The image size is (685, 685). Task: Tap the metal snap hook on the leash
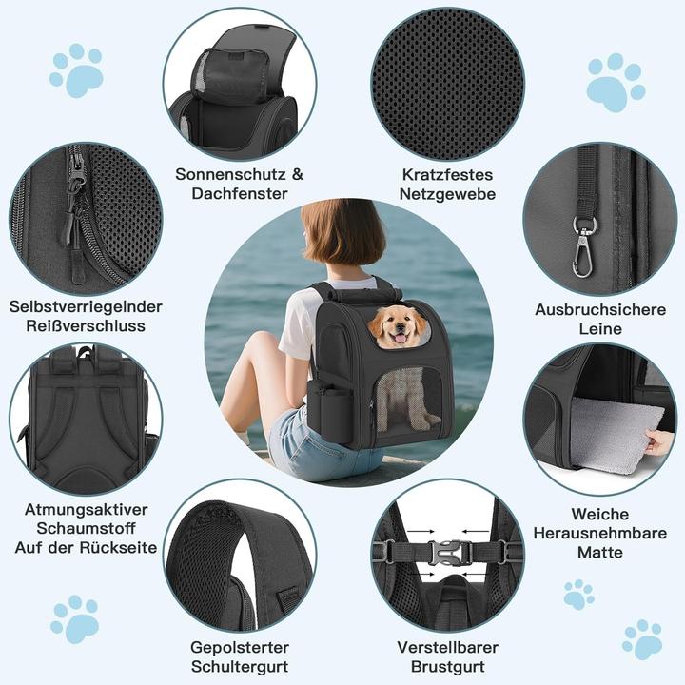(x=582, y=248)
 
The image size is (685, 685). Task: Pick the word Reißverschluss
(x=87, y=326)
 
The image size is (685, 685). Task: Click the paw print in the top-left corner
(x=76, y=69)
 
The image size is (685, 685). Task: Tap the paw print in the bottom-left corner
(x=74, y=618)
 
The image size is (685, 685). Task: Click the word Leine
(x=599, y=329)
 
